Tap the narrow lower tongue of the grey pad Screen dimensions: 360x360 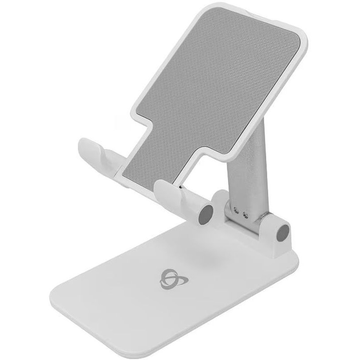tap(153, 162)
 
